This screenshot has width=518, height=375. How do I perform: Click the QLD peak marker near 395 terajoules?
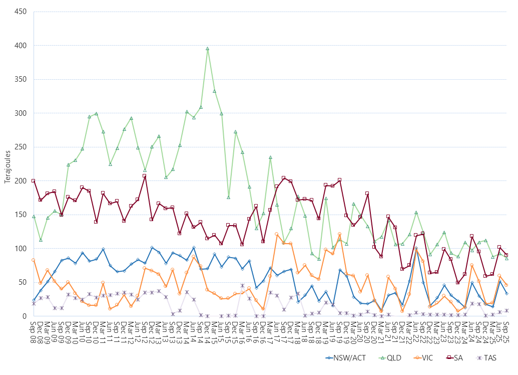(207, 49)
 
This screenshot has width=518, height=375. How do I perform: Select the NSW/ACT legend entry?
(342, 358)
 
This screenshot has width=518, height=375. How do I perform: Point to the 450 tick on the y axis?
(20, 12)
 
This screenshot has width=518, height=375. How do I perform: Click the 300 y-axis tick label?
(20, 113)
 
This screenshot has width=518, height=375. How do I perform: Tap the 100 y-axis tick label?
(20, 249)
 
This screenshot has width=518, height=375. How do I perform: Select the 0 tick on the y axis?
(24, 316)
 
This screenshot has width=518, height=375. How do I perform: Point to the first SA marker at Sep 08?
(34, 180)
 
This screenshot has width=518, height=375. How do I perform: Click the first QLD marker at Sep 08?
(34, 216)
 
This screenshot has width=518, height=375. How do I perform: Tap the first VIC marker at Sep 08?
(34, 260)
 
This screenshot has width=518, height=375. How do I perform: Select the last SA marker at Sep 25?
(506, 255)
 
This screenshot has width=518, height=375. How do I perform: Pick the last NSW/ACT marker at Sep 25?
(506, 293)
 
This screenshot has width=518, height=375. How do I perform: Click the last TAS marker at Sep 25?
(506, 310)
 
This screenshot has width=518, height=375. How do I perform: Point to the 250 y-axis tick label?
(20, 147)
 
